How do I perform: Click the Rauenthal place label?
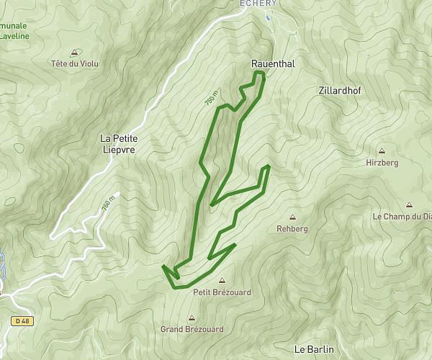pyautogui.click(x=273, y=64)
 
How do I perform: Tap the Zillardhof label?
pyautogui.click(x=340, y=91)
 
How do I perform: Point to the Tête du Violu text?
pyautogui.click(x=75, y=63)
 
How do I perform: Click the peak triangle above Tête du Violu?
pyautogui.click(x=75, y=52)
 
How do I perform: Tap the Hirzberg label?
pyautogui.click(x=382, y=163)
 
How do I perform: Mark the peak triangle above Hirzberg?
pyautogui.click(x=382, y=152)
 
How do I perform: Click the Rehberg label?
pyautogui.click(x=292, y=228)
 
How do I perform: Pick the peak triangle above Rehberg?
pyautogui.click(x=292, y=217)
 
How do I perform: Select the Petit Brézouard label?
pyautogui.click(x=221, y=292)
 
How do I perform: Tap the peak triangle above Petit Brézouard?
pyautogui.click(x=221, y=281)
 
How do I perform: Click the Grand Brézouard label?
pyautogui.click(x=192, y=329)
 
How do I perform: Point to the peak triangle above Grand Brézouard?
pyautogui.click(x=192, y=318)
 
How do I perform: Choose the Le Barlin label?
pyautogui.click(x=315, y=349)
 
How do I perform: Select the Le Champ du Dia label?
pyautogui.click(x=402, y=216)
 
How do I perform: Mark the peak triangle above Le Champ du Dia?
pyautogui.click(x=410, y=204)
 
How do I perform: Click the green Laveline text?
pyautogui.click(x=14, y=33)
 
